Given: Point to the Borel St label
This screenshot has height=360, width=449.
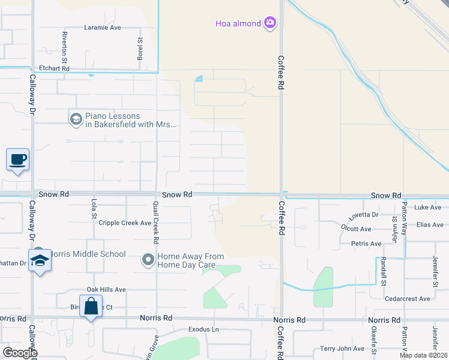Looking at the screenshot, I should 140,49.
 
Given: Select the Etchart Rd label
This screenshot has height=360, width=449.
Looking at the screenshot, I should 55,69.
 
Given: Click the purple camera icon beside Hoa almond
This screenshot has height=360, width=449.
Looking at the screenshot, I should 270,23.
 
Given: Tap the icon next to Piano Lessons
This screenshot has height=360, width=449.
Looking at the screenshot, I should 76,119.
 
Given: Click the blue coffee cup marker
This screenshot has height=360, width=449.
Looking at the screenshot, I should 17,160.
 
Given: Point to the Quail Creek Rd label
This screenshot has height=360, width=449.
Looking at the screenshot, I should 155,222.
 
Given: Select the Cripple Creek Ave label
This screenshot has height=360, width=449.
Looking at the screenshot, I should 125,223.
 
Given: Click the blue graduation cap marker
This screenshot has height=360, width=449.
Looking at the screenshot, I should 40,261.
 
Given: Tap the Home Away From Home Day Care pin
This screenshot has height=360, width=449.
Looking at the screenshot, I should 148,260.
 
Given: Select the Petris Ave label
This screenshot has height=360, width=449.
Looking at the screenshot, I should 366,244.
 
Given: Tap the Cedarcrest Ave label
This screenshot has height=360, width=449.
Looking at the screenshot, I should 408,298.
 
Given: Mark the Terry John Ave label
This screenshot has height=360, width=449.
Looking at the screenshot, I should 342,349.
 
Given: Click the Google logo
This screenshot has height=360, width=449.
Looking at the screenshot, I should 19,353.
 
